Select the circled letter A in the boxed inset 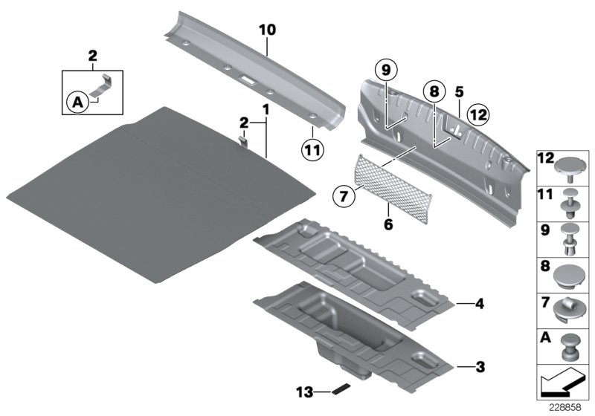[76, 104]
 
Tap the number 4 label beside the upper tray [479, 302]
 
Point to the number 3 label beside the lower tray [479, 366]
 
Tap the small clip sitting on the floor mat [244, 137]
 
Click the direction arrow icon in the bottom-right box [564, 384]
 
